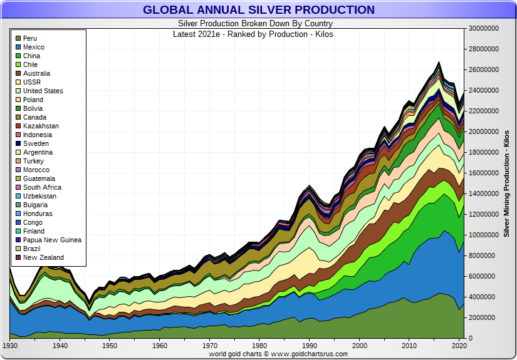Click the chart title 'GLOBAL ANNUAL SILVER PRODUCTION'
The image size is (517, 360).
[x=258, y=9]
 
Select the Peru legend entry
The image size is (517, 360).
[x=31, y=38]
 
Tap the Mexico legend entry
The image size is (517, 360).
[x=34, y=47]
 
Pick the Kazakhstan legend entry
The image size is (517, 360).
[x=41, y=126]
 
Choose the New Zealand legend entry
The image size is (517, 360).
[x=44, y=257]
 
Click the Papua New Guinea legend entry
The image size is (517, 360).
[x=52, y=240]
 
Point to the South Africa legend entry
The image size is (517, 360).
[x=42, y=187]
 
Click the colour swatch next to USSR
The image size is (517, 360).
[x=18, y=82]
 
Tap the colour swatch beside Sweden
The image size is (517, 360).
[x=18, y=143]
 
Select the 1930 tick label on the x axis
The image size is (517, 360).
[x=10, y=345]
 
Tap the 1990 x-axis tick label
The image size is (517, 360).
[x=308, y=345]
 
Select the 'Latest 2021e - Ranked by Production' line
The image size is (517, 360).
[x=253, y=34]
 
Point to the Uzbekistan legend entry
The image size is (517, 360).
[x=39, y=196]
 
